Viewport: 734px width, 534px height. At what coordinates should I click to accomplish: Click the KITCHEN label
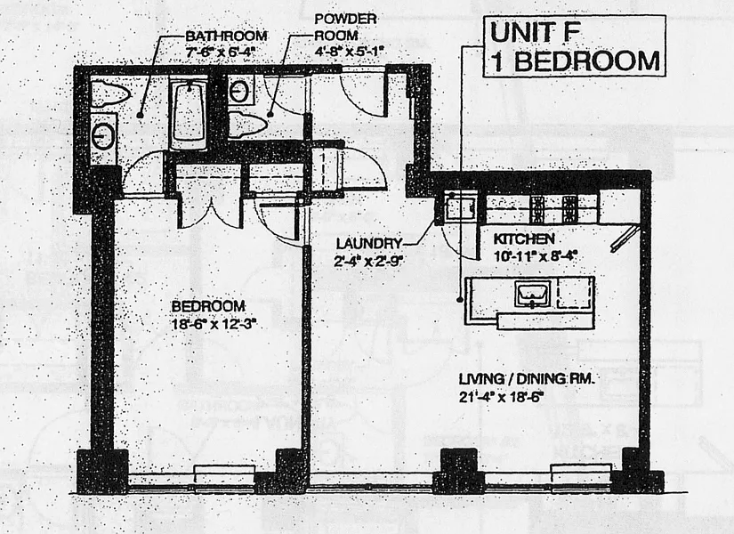click(525, 239)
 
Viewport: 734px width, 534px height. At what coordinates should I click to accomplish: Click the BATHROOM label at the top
click(226, 36)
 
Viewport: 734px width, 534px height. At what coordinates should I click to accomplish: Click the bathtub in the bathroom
click(188, 114)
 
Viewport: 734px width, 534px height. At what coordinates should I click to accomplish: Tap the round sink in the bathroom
click(104, 135)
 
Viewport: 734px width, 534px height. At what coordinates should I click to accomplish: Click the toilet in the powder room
click(249, 123)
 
